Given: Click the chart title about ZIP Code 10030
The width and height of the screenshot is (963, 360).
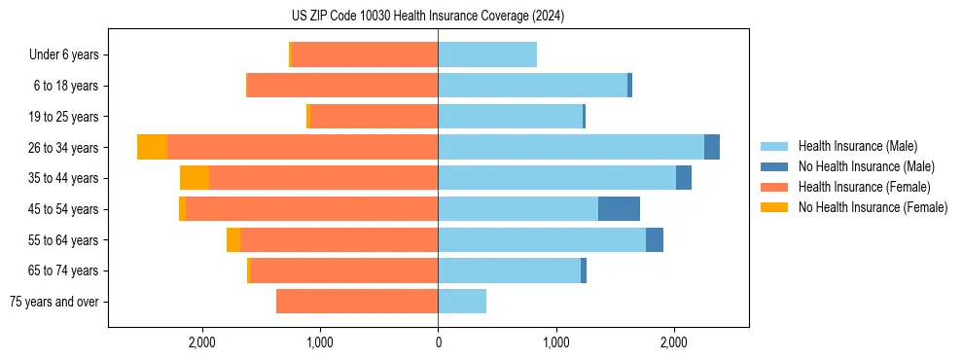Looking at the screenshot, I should coord(427,17).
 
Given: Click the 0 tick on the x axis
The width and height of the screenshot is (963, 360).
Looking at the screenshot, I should coord(438,342).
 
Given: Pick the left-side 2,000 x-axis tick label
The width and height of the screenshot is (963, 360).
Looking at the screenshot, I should coord(201,342).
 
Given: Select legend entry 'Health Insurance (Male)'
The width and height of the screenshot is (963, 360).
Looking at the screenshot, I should coord(857,146).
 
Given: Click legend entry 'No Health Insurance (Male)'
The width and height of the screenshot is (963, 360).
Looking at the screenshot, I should coord(866,166).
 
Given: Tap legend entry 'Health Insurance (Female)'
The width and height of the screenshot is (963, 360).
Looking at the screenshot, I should coord(863,187).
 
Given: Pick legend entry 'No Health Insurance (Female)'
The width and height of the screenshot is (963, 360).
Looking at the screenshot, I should coord(873,207).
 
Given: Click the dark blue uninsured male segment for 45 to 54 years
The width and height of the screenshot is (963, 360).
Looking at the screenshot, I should coord(619,209).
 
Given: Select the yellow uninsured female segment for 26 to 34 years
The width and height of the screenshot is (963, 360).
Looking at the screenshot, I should coord(152,147).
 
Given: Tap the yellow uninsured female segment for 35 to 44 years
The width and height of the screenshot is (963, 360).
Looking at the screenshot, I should coord(195,178).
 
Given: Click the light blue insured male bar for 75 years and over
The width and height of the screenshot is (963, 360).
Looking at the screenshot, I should coord(462,302).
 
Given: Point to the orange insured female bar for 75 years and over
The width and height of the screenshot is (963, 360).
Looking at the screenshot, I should coord(357,302).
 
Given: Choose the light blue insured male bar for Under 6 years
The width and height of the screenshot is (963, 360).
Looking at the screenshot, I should coord(487,54).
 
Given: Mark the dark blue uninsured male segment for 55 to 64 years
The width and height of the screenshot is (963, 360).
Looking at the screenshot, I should coord(655,239).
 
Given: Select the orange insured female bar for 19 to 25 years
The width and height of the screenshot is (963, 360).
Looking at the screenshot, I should coord(374,117).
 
